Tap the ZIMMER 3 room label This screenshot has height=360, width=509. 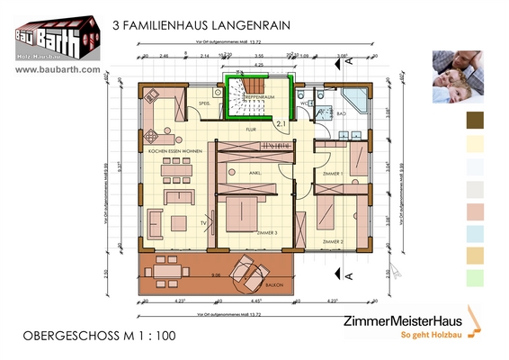pyautogui.click(x=267, y=232)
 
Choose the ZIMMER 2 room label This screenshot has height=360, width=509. pyautogui.click(x=334, y=242)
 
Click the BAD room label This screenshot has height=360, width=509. pyautogui.click(x=342, y=114)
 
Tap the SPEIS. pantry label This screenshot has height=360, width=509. pyautogui.click(x=204, y=104)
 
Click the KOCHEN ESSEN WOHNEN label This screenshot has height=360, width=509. pyautogui.click(x=177, y=151)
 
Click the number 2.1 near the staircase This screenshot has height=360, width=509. pyautogui.click(x=281, y=123)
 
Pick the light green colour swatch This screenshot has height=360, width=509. pyautogui.click(x=475, y=277)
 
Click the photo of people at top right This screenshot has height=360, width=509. pyautogui.click(x=460, y=76)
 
